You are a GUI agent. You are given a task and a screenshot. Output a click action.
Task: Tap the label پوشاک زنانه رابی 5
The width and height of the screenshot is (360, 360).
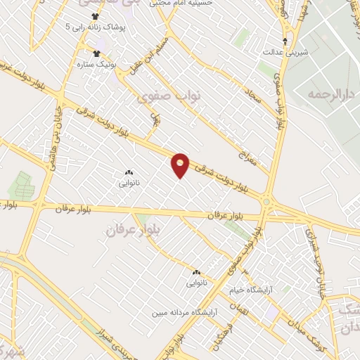tap(99, 27)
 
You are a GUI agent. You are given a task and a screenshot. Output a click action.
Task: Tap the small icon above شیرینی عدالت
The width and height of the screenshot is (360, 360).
tap(284, 41)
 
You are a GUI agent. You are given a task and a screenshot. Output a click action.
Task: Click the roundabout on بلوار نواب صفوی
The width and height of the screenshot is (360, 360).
tap(268, 202)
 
